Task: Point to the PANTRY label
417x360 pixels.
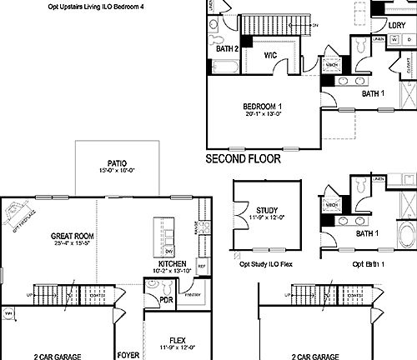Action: pyautogui.click(x=193, y=293)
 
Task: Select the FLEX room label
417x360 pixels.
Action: pyautogui.click(x=177, y=340)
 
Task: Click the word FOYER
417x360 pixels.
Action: pyautogui.click(x=128, y=355)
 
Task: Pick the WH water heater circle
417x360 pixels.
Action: pyautogui.click(x=9, y=313)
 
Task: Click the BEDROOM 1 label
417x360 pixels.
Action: pyautogui.click(x=262, y=106)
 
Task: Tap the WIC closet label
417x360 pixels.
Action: pyautogui.click(x=270, y=56)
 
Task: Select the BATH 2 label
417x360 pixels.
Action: pyautogui.click(x=228, y=49)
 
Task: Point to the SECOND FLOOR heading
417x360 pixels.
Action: pyautogui.click(x=243, y=157)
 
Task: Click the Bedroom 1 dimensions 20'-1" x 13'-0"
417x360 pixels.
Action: pyautogui.click(x=262, y=114)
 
